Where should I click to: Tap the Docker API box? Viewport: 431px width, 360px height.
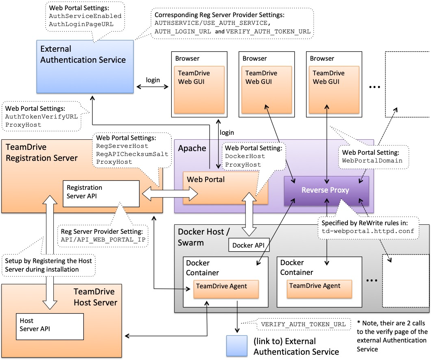pyautogui.click(x=248, y=246)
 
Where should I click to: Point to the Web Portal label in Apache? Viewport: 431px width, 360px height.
pyautogui.click(x=206, y=180)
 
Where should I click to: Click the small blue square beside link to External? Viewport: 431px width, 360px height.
pyautogui.click(x=236, y=346)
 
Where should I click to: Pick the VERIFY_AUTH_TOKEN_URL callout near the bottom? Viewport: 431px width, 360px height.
pyautogui.click(x=303, y=324)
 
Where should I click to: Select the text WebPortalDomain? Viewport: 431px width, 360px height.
pyautogui.click(x=372, y=161)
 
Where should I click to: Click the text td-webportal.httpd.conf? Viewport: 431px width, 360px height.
pyautogui.click(x=368, y=231)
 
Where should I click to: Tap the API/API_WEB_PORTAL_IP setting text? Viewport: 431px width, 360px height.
pyautogui.click(x=104, y=240)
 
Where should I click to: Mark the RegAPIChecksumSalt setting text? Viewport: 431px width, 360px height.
pyautogui.click(x=126, y=154)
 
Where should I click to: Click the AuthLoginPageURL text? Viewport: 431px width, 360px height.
pyautogui.click(x=81, y=24)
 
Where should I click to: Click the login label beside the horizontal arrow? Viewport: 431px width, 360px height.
pyautogui.click(x=153, y=80)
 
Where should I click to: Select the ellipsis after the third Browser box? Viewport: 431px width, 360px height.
pyautogui.click(x=374, y=87)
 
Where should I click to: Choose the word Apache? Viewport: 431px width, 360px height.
pyautogui.click(x=192, y=148)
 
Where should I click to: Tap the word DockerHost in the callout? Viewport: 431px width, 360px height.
pyautogui.click(x=245, y=156)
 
